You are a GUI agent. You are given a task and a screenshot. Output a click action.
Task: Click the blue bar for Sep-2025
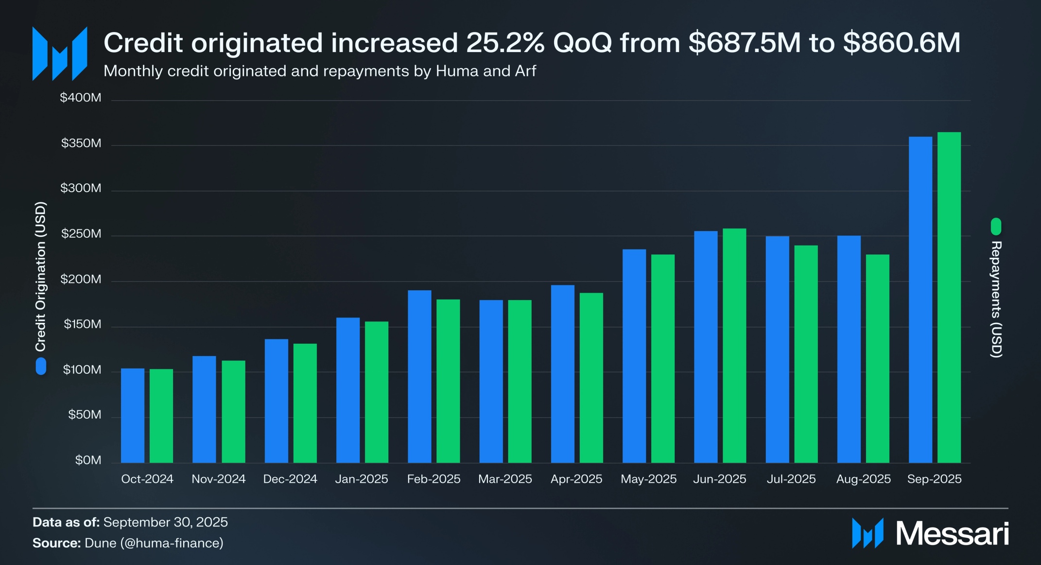(x=920, y=300)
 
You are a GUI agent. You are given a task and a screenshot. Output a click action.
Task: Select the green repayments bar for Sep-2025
(x=949, y=297)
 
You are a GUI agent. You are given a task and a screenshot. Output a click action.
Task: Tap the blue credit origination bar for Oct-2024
(x=133, y=415)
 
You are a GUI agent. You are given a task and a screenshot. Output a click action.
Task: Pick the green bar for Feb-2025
(x=448, y=381)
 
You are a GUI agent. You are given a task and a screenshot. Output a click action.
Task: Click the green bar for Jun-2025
(x=734, y=345)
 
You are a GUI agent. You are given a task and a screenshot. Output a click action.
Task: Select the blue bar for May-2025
(x=634, y=356)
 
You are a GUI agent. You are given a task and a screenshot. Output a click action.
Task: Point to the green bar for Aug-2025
(x=877, y=358)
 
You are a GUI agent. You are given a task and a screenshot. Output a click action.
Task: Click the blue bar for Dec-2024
(x=276, y=401)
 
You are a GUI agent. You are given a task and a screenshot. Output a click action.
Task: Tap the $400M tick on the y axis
(x=81, y=98)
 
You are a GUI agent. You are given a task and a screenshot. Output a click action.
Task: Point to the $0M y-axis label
(x=88, y=460)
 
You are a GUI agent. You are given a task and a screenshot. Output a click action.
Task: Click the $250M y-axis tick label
(x=81, y=234)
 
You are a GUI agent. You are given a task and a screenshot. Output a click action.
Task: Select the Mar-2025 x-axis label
(x=505, y=479)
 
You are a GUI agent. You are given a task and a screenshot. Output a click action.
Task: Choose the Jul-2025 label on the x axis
(x=791, y=479)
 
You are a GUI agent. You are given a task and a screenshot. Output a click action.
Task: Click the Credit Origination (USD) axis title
(x=41, y=276)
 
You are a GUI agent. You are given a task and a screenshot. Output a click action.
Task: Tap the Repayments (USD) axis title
(x=996, y=299)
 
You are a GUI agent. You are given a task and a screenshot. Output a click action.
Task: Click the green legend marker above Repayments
(x=996, y=227)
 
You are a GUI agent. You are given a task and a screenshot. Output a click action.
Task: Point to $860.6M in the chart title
(x=902, y=43)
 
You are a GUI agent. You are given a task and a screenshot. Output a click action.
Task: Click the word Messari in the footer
(x=952, y=534)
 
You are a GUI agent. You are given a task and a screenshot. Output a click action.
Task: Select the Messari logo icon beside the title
(x=60, y=53)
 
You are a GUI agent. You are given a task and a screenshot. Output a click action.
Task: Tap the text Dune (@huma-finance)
(x=154, y=543)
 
